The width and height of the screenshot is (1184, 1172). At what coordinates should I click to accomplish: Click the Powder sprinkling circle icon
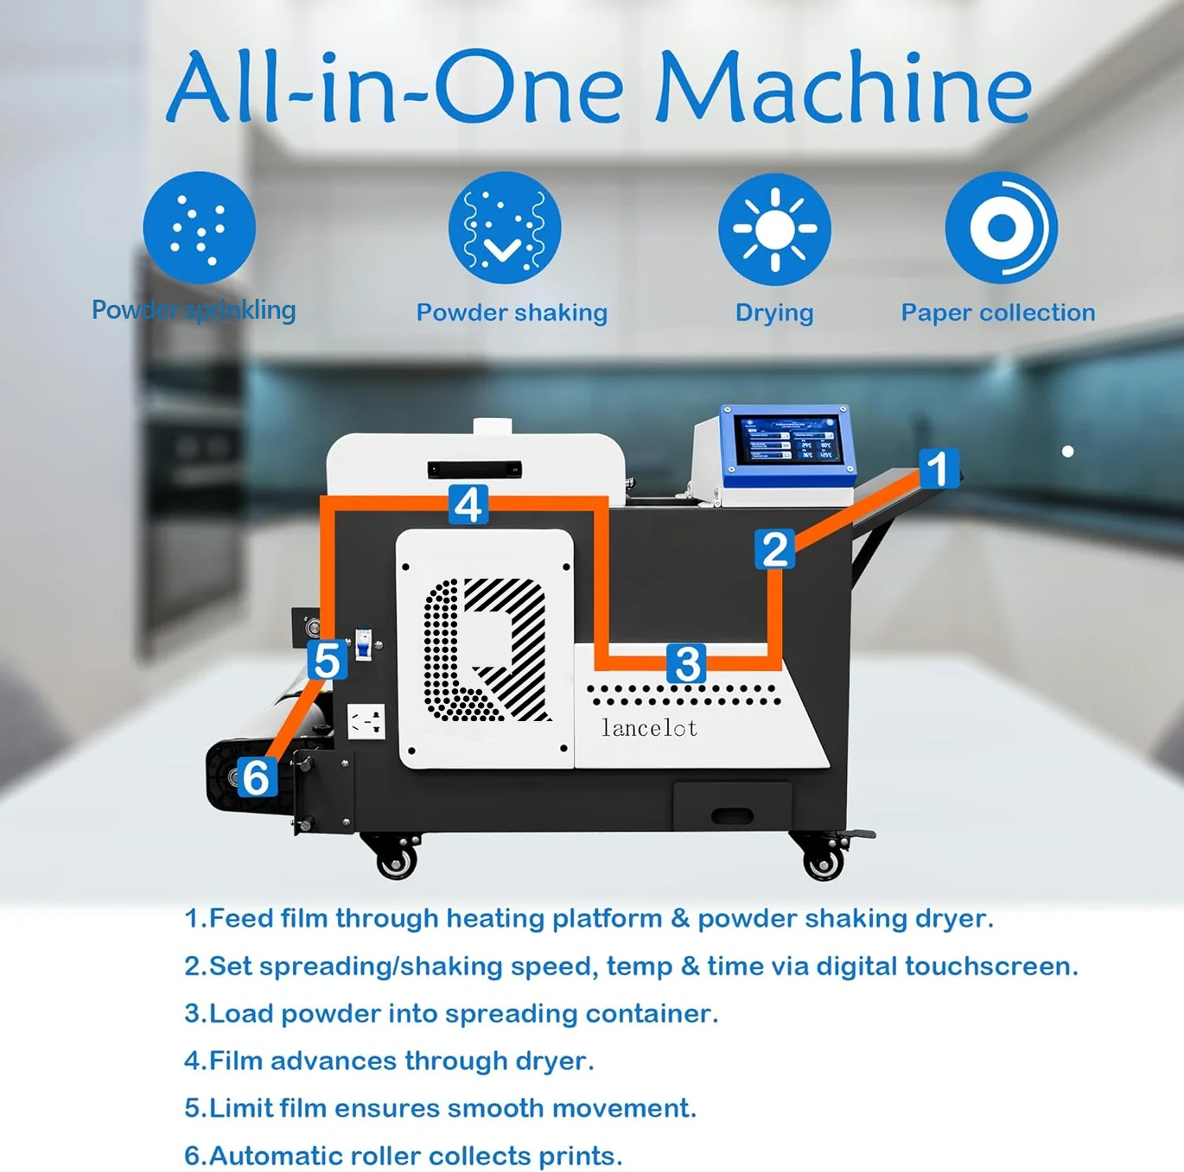pos(199,227)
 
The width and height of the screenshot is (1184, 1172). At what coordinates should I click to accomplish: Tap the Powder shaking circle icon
pos(505,228)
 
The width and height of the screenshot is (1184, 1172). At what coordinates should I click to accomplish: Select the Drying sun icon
pos(774,229)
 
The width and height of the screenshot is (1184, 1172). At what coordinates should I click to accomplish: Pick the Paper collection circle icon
pos(1002,228)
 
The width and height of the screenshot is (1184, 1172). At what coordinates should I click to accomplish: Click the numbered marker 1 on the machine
pos(939,469)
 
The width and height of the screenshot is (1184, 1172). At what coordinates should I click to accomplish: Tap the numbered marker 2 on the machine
pos(775,548)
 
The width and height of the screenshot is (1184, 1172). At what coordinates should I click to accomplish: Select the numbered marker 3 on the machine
pos(687,662)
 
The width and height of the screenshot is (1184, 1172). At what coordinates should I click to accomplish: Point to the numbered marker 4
pos(468,504)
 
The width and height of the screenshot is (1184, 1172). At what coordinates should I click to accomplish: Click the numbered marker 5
pos(327,660)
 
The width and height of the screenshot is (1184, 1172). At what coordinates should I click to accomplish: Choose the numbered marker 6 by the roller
pos(257,776)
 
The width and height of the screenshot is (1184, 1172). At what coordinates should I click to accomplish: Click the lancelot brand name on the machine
pos(649,728)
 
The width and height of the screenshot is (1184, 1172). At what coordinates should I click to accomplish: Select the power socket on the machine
pos(366,721)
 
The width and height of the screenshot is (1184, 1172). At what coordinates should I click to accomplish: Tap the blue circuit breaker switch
pos(364,645)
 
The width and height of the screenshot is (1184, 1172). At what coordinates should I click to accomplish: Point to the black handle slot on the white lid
pos(474,469)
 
